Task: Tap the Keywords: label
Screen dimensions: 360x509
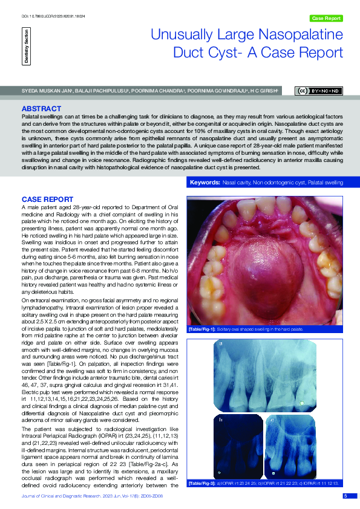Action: (x=205, y=182)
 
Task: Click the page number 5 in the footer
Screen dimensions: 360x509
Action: (x=345, y=496)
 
